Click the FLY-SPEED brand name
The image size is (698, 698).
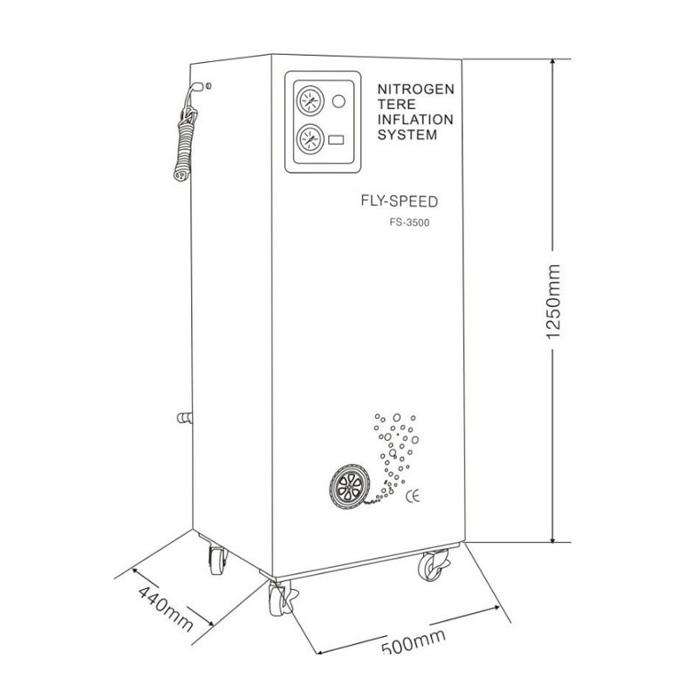(399, 202)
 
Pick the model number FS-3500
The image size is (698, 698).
(410, 222)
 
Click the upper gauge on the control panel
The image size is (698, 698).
(307, 99)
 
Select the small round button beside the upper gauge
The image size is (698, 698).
(339, 100)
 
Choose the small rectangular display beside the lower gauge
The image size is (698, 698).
(338, 139)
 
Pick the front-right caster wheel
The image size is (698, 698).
(431, 567)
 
